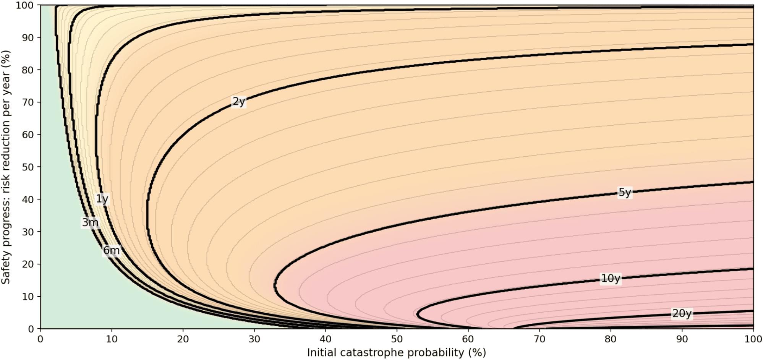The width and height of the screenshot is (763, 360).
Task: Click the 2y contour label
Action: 239,102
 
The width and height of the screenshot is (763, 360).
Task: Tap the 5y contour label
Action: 624,192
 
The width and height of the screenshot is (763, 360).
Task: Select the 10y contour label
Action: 610,279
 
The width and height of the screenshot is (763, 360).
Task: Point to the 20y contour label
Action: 682,314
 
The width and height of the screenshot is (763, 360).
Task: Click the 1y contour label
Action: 102,199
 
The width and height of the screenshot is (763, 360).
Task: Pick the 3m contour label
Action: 90,222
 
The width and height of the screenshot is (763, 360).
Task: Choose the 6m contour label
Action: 112,251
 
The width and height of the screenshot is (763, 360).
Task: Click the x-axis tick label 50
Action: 397,339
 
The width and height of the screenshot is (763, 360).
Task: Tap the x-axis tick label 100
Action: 753,339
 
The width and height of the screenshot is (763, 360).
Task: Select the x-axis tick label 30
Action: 254,339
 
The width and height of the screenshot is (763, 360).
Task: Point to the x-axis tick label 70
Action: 539,339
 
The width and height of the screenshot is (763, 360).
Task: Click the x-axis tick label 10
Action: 112,339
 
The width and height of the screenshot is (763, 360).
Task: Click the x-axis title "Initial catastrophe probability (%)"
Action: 397,352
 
